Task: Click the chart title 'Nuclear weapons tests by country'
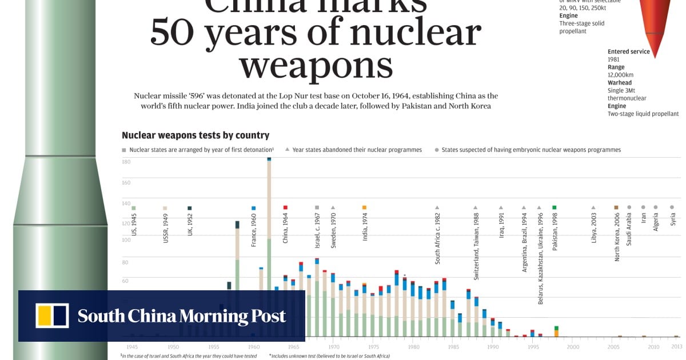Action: [x=195, y=135]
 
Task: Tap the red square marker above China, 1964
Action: [x=285, y=207]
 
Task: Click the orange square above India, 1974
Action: [x=364, y=207]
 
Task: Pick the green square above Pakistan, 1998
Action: [x=554, y=207]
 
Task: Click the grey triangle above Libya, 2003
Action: [x=593, y=207]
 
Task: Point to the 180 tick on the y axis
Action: [x=126, y=162]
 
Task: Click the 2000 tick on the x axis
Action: [x=573, y=347]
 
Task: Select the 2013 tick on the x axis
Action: [x=676, y=347]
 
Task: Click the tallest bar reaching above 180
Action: [x=269, y=246]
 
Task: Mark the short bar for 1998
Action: [x=556, y=331]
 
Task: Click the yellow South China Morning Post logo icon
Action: [x=52, y=316]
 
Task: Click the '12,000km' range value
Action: [x=620, y=75]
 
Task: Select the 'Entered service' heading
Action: [x=628, y=51]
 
